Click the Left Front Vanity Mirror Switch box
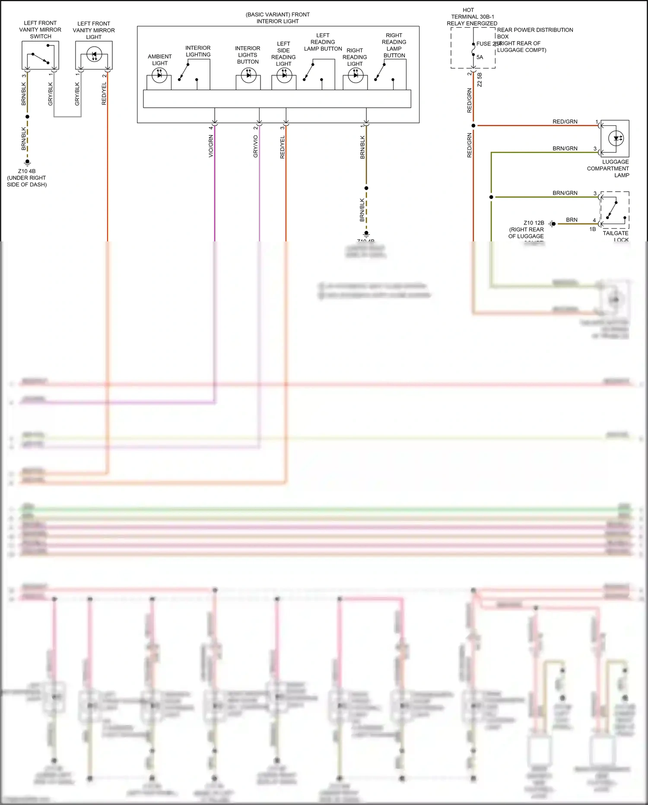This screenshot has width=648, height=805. tap(40, 55)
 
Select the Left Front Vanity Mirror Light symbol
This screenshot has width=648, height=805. tap(94, 55)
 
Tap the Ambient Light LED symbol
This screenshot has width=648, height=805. tap(159, 75)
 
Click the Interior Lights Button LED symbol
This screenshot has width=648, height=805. tap(248, 75)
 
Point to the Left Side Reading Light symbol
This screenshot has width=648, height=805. tap(284, 75)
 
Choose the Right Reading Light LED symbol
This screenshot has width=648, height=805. tap(356, 75)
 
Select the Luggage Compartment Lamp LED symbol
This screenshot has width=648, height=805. tap(616, 138)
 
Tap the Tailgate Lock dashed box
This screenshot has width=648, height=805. tap(615, 210)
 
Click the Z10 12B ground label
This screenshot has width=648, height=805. tap(534, 223)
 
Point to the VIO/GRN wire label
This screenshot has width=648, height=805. tap(211, 146)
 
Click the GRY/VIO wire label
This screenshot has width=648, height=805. tap(255, 146)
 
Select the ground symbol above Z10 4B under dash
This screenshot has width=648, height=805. tap(27, 163)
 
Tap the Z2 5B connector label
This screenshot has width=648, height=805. tap(480, 80)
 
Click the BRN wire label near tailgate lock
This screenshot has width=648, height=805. tap(572, 220)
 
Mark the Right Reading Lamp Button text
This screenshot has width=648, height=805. tap(394, 45)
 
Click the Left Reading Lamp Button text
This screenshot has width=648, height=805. tap(323, 42)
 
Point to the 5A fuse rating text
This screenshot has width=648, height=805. tap(480, 57)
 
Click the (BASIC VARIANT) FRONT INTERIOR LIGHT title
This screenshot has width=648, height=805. tap(277, 18)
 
